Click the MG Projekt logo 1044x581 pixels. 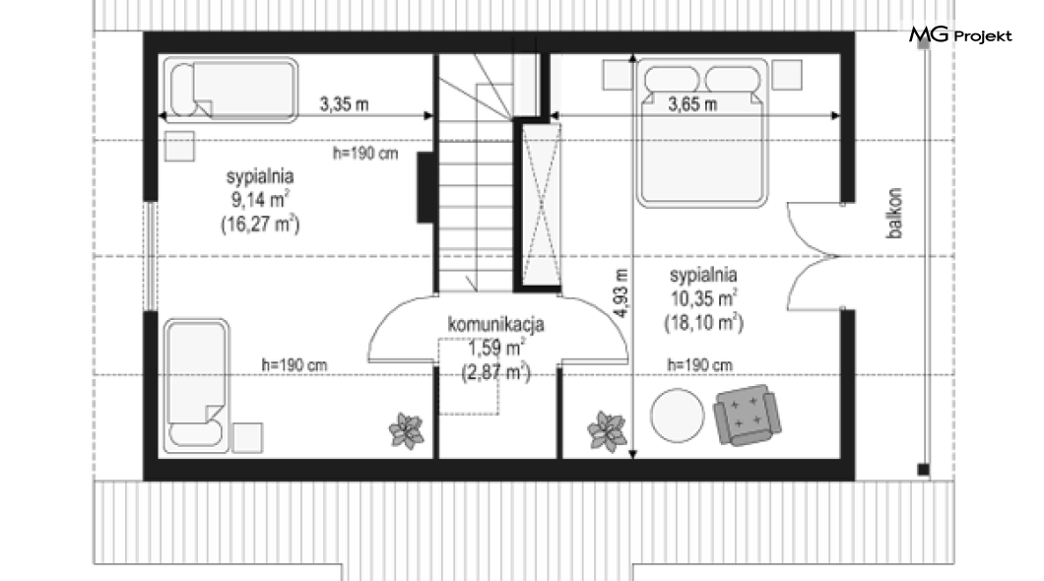click(x=960, y=35)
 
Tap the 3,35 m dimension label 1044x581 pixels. click(x=344, y=104)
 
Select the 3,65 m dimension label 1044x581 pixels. click(x=692, y=104)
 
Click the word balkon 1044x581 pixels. click(x=894, y=213)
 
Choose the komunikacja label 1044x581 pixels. click(x=496, y=325)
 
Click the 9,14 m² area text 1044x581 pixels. click(x=260, y=199)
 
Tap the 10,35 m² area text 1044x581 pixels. click(x=703, y=297)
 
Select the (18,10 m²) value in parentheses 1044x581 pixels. click(x=704, y=323)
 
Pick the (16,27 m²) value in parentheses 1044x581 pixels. click(x=260, y=224)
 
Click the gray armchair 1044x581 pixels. click(x=745, y=415)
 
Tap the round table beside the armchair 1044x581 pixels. click(x=678, y=416)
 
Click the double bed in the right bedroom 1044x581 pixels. click(x=702, y=133)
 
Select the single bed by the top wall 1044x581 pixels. click(x=230, y=90)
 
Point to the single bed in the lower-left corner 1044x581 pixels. click(x=196, y=386)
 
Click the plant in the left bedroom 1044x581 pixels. click(x=406, y=430)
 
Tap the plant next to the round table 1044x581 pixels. click(x=607, y=430)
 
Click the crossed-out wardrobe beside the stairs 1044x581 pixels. click(x=541, y=205)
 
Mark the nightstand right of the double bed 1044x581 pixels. click(x=786, y=75)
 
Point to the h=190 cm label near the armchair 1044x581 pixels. click(x=699, y=364)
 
